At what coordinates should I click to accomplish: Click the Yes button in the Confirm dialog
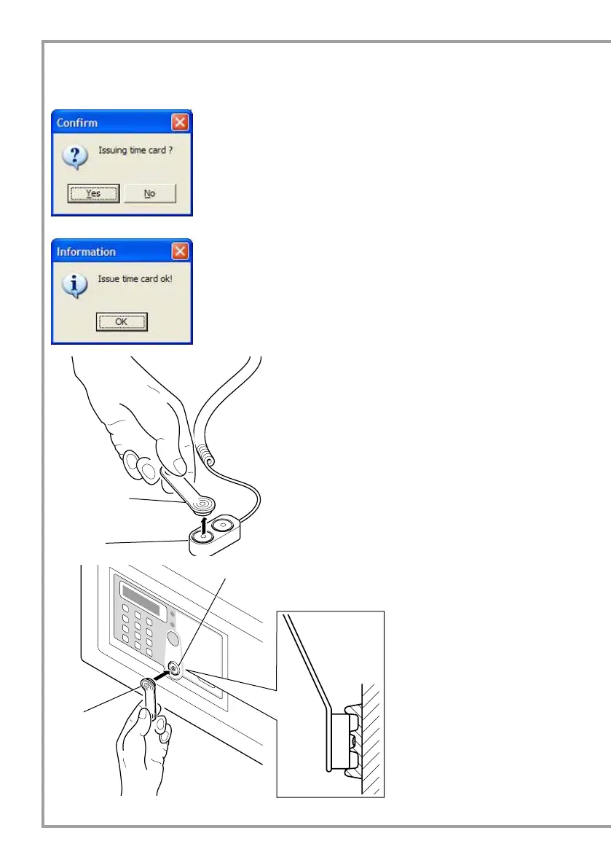point(93,193)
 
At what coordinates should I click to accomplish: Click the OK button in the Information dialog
point(122,321)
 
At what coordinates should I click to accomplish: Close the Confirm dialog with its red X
point(181,122)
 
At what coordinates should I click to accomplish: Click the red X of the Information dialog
point(181,251)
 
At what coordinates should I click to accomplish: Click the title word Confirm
point(77,122)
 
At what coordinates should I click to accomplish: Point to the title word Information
point(86,251)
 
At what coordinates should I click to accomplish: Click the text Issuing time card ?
point(135,151)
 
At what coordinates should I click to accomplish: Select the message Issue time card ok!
point(135,278)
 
